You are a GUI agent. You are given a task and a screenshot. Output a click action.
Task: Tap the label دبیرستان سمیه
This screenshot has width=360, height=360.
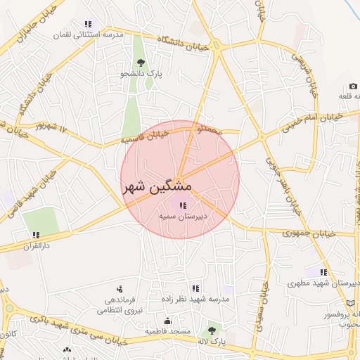(182, 217)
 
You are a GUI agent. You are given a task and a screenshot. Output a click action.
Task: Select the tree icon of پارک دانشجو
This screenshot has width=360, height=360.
(139, 60)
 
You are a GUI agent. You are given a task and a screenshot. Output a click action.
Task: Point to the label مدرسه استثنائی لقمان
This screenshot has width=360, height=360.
(88, 34)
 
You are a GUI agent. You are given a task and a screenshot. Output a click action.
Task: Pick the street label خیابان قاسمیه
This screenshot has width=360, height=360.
(145, 136)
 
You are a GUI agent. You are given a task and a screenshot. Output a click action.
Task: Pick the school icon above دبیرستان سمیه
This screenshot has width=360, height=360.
(183, 205)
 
